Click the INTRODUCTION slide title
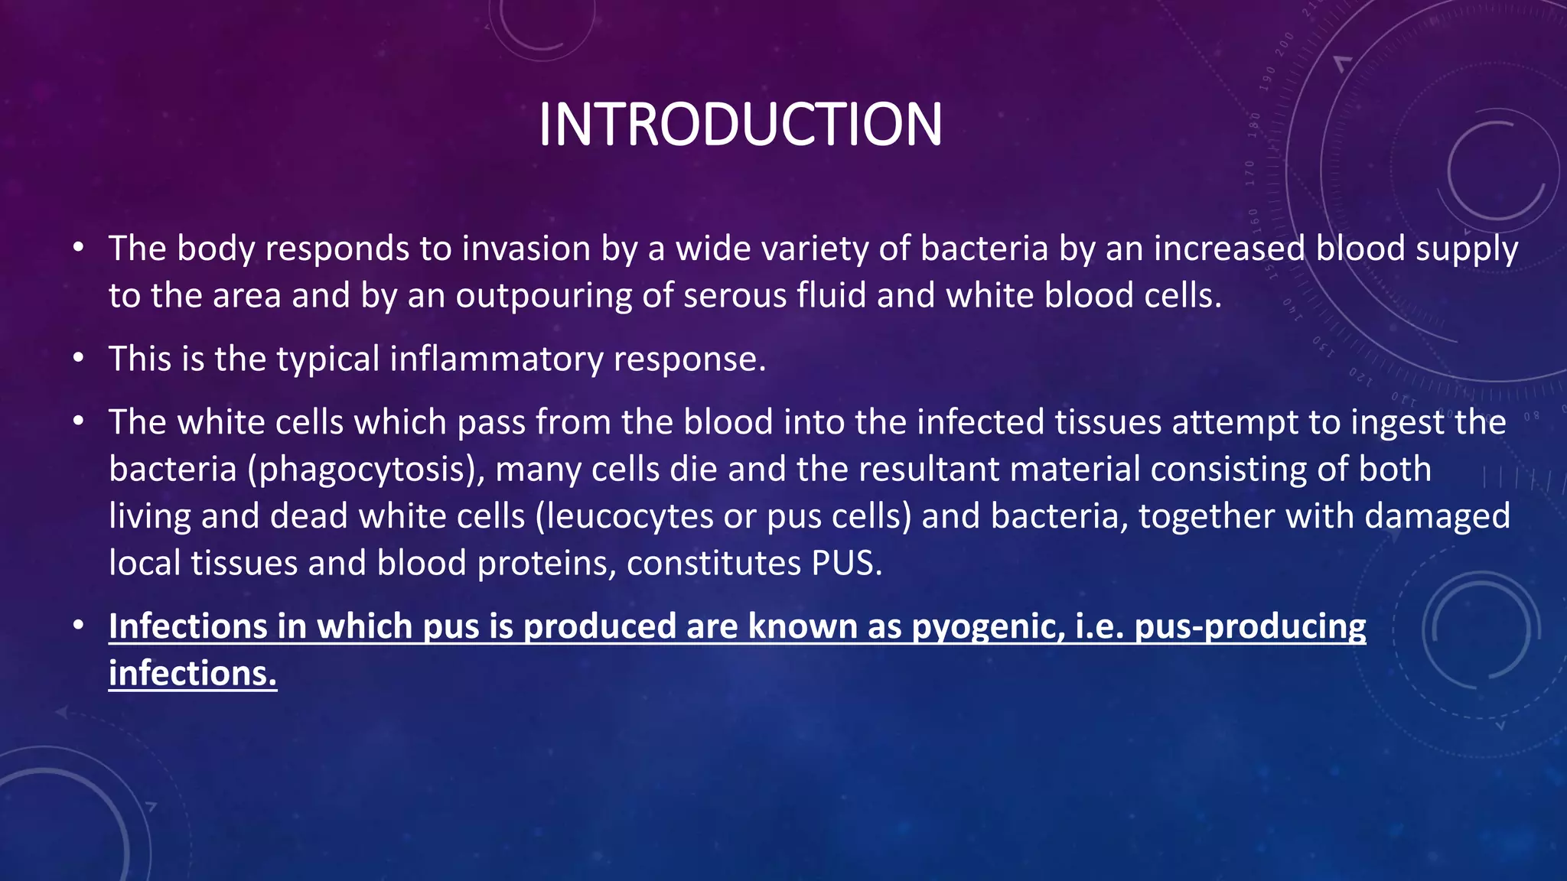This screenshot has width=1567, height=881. [x=740, y=125]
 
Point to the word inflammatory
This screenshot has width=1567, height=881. [x=496, y=359]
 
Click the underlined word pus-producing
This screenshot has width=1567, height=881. [x=1249, y=627]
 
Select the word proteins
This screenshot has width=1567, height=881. [x=546, y=564]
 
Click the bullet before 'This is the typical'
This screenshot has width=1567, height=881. [x=78, y=359]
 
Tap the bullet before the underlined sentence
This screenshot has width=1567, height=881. [x=78, y=626]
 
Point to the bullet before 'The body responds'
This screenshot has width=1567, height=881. [x=78, y=249]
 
